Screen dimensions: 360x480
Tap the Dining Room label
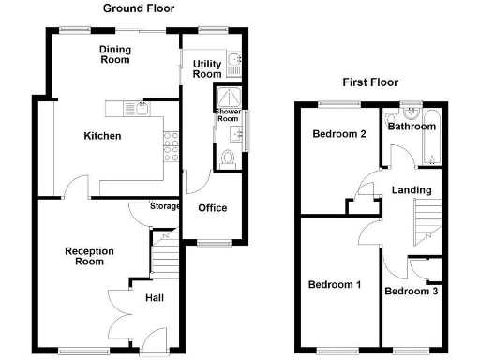tap(115, 53)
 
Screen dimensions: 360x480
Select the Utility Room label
tap(207, 68)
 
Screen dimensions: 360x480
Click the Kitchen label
tap(102, 136)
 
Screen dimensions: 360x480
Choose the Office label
tap(212, 208)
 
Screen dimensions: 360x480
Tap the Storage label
tap(165, 206)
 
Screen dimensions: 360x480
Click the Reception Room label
tap(89, 256)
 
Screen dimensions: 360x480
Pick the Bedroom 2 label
tap(338, 134)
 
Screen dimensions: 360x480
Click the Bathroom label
tap(412, 127)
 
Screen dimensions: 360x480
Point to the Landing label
tap(412, 190)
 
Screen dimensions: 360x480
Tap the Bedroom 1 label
tap(335, 284)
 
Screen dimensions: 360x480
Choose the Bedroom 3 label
tap(411, 292)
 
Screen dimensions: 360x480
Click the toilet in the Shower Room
tap(228, 157)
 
